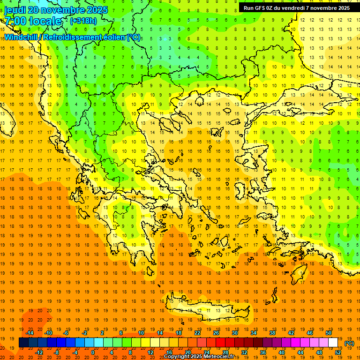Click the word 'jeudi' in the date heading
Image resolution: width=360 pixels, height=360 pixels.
click(x=15, y=10)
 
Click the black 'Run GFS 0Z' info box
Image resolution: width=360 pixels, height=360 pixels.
click(x=296, y=8)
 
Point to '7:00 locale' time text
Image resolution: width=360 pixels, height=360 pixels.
click(x=33, y=21)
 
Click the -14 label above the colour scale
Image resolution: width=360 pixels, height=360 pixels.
click(x=30, y=332)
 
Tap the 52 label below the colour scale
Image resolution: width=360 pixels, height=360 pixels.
click(x=338, y=352)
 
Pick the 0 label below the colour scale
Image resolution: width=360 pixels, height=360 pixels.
click(x=92, y=352)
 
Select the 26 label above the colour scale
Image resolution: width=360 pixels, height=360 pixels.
click(x=216, y=332)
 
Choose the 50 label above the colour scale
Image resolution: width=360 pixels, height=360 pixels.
click(x=328, y=332)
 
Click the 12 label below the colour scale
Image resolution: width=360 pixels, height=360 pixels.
click(x=151, y=352)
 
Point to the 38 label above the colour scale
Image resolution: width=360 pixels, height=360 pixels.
click(x=272, y=332)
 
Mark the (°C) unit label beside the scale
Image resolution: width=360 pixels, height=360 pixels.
click(x=349, y=343)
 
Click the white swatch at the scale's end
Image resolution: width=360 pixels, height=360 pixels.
click(x=333, y=343)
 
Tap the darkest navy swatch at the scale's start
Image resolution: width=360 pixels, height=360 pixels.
click(x=23, y=343)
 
